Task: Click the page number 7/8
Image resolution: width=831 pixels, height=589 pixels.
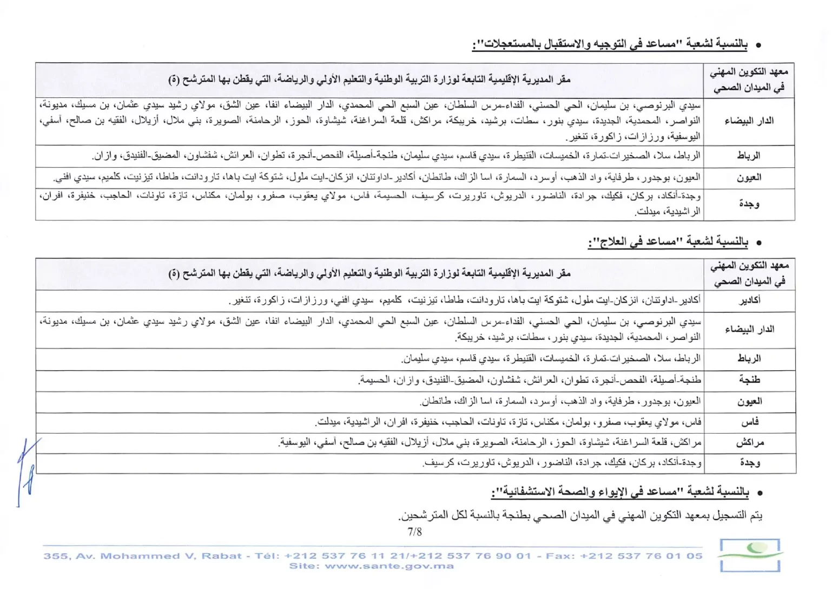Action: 414,532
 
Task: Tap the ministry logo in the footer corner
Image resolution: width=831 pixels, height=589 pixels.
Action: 750,555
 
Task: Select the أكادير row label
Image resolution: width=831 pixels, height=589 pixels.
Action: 750,300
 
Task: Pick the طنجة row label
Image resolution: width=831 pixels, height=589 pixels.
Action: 750,380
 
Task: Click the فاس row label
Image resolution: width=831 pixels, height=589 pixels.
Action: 750,422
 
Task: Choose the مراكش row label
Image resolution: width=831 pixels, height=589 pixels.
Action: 750,442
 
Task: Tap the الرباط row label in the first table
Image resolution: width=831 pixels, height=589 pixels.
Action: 749,156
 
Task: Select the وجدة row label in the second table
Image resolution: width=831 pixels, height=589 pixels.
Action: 750,463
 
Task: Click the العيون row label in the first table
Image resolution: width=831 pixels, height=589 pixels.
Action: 749,178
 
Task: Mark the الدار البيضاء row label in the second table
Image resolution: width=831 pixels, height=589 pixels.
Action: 750,329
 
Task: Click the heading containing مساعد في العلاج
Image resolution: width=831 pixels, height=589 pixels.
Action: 668,242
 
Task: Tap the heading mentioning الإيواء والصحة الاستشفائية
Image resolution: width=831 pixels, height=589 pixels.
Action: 620,492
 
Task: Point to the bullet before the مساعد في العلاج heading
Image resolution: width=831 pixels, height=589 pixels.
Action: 759,243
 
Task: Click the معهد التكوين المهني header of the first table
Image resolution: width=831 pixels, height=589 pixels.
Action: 749,79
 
